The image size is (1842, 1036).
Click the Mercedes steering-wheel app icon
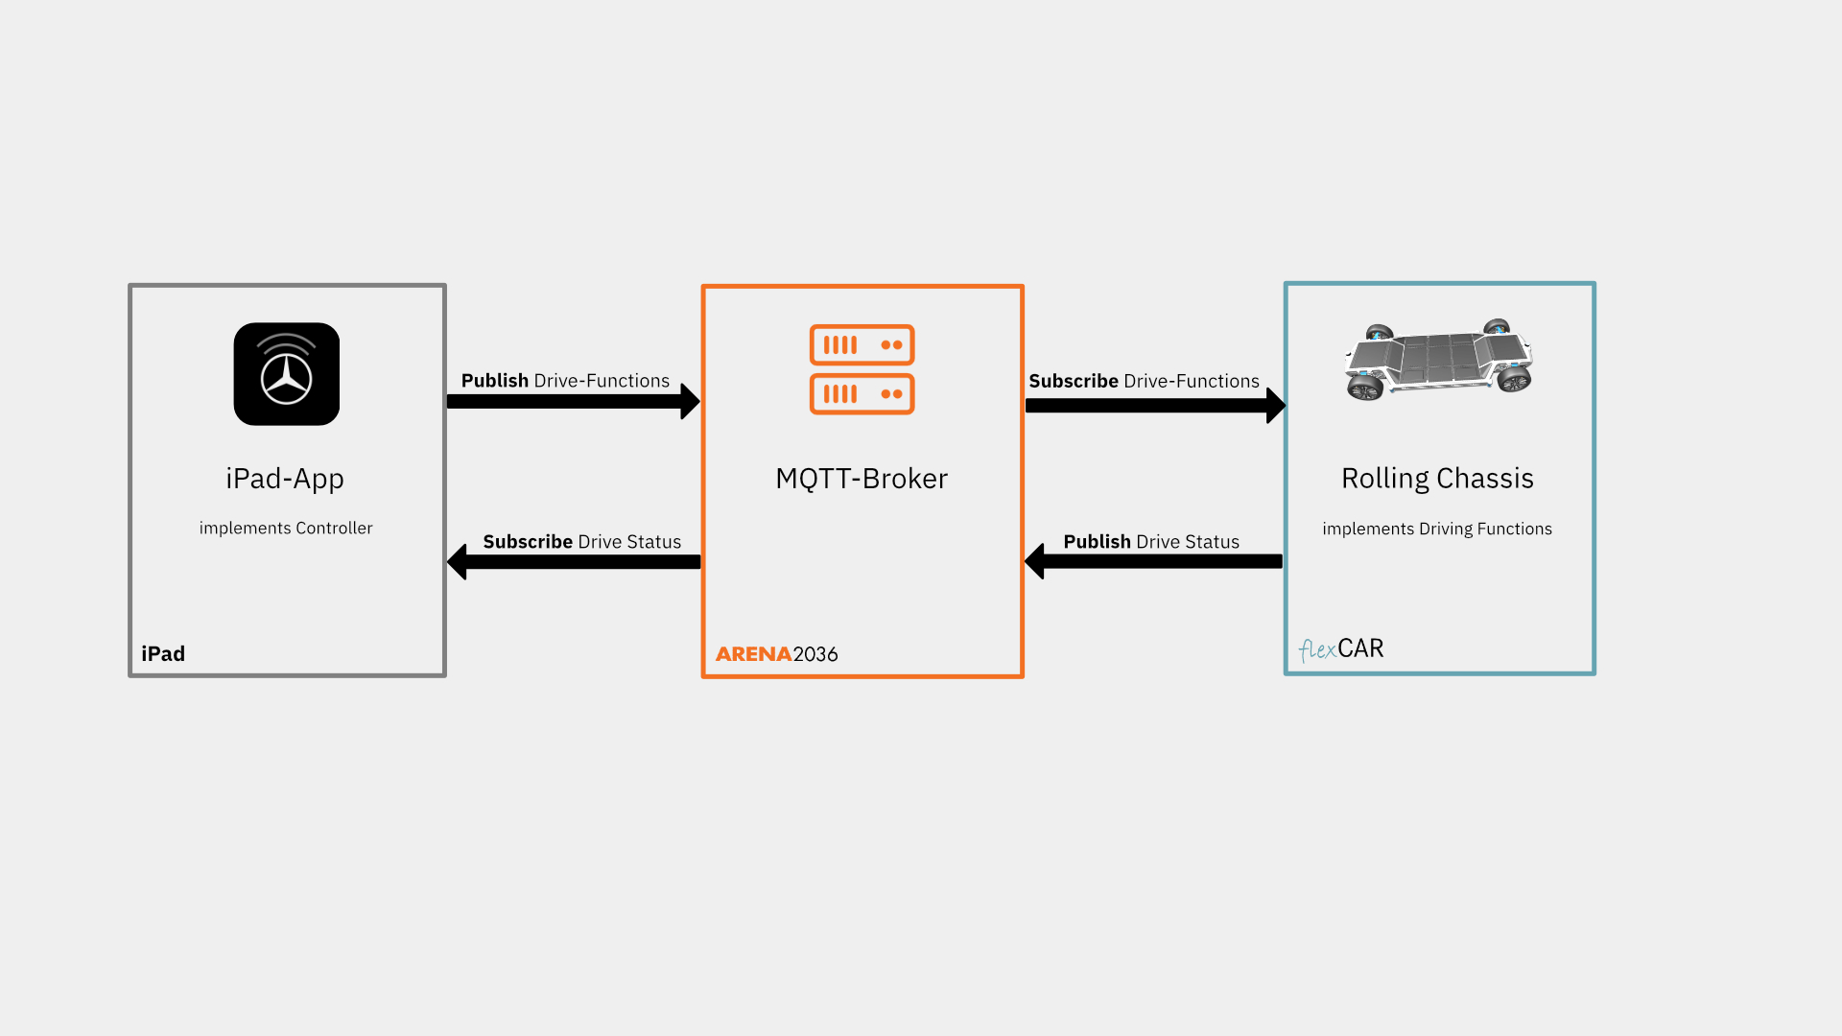pyautogui.click(x=286, y=374)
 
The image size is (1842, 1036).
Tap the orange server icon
pyautogui.click(x=862, y=369)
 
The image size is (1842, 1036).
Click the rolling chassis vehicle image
pyautogui.click(x=1438, y=360)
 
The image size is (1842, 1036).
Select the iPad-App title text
pyautogui.click(x=285, y=479)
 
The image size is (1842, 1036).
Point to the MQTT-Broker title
pyautogui.click(x=862, y=479)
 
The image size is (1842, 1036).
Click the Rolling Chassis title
pyautogui.click(x=1437, y=479)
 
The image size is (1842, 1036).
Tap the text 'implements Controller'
pyautogui.click(x=286, y=529)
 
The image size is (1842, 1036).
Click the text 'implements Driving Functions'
pyautogui.click(x=1437, y=530)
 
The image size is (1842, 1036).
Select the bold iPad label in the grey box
pyautogui.click(x=163, y=654)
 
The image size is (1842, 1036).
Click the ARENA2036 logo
pyautogui.click(x=777, y=654)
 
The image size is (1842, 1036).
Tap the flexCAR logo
pyautogui.click(x=1341, y=649)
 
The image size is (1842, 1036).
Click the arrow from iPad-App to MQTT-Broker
pyautogui.click(x=574, y=402)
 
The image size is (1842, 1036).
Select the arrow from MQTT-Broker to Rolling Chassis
pyautogui.click(x=1156, y=406)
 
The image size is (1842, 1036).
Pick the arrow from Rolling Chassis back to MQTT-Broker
pyautogui.click(x=1153, y=561)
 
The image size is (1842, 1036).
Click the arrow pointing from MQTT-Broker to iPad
pyautogui.click(x=574, y=562)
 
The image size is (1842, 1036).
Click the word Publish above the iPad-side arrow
pyautogui.click(x=495, y=381)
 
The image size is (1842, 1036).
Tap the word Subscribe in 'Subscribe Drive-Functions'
pyautogui.click(x=1074, y=381)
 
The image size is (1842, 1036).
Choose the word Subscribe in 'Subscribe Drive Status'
pyautogui.click(x=528, y=542)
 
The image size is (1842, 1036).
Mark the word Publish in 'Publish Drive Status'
pyautogui.click(x=1098, y=542)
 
